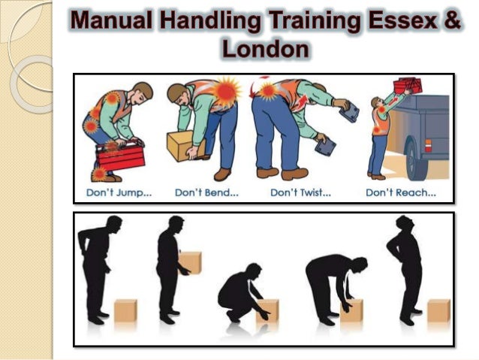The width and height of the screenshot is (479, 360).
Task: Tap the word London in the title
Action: (265, 49)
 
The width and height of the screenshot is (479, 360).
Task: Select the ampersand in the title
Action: (452, 20)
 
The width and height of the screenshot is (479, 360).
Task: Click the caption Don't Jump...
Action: (119, 192)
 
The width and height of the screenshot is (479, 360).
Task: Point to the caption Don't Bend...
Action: (206, 192)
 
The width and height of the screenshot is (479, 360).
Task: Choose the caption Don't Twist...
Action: (300, 192)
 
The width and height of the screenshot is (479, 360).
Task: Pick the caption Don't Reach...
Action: (401, 192)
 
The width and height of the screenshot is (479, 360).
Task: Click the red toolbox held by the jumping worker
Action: (120, 156)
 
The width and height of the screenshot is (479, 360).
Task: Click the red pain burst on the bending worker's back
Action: (225, 91)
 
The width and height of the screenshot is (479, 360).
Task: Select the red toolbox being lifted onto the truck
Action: (408, 85)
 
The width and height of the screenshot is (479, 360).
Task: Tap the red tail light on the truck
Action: (428, 145)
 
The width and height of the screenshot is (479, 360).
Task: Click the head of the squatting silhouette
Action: (254, 271)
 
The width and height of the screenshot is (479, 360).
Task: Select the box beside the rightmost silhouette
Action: (438, 310)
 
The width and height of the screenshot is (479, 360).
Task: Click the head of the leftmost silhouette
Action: (114, 225)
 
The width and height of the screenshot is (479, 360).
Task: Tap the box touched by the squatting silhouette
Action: (267, 310)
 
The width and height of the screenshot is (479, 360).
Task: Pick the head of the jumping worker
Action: (142, 92)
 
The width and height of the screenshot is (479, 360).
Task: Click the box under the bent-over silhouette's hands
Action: (351, 310)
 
